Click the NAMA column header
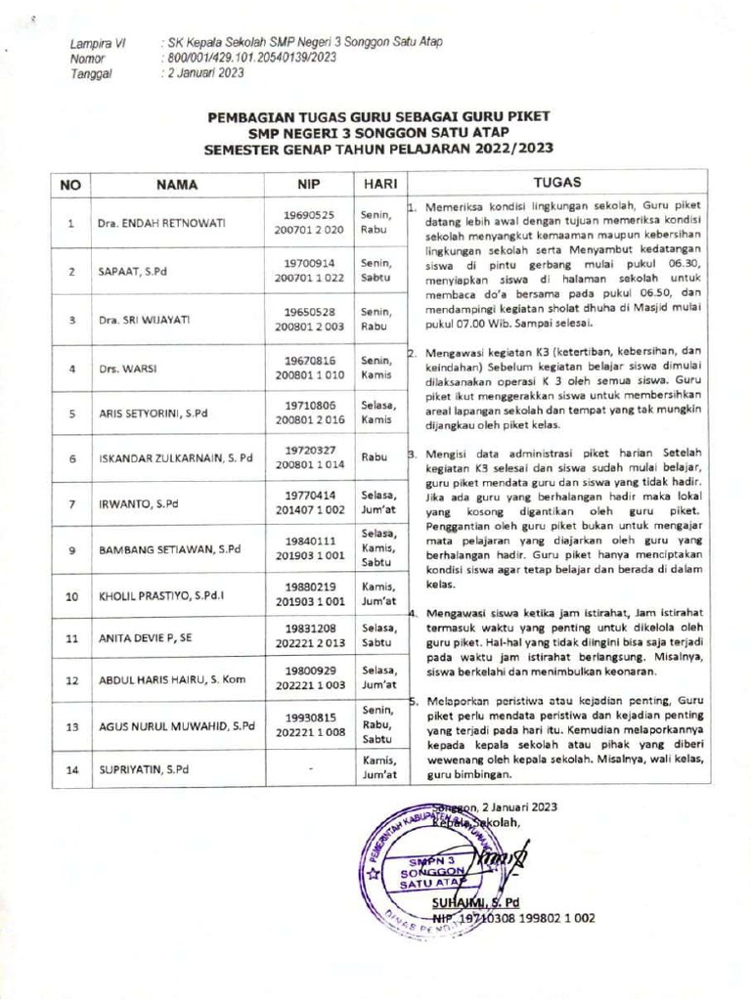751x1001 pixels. pos(176,184)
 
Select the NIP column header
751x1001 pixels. pos(310,184)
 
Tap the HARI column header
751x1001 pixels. pos(377,184)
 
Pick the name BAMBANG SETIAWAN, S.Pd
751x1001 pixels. pos(168,549)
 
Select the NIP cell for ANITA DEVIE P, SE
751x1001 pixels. pos(310,636)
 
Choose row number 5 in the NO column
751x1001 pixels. pos(71,413)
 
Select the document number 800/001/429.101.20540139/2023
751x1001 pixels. pos(252,58)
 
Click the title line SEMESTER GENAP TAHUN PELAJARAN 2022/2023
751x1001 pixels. pos(378,150)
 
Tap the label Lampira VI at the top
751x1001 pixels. pos(97,44)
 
